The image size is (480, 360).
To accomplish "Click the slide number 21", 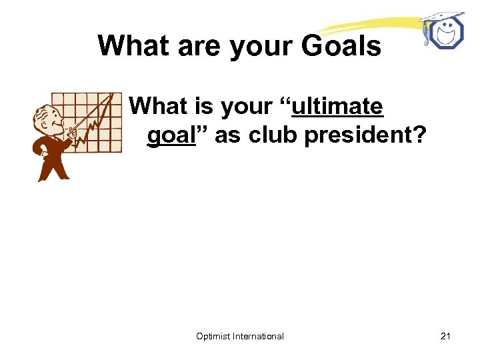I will click(445, 336).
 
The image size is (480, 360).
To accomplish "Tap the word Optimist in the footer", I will click(213, 336).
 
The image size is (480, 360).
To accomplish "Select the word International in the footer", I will click(258, 336).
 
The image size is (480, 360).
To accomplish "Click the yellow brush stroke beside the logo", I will click(373, 27).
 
